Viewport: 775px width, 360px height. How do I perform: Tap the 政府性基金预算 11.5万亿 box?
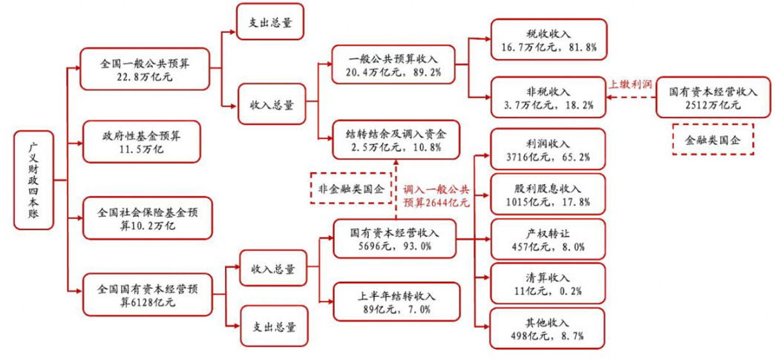pyautogui.click(x=141, y=142)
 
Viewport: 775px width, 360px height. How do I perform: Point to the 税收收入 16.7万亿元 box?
pyautogui.click(x=549, y=40)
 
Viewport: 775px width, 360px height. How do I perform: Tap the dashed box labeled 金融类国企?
pyautogui.click(x=712, y=140)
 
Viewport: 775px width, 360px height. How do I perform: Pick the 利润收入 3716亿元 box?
pyautogui.click(x=548, y=149)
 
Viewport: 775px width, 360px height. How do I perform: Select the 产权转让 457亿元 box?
pyautogui.click(x=548, y=239)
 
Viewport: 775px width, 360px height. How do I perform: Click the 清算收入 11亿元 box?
pyautogui.click(x=548, y=284)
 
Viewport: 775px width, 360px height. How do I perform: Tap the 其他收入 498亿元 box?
pyautogui.click(x=548, y=329)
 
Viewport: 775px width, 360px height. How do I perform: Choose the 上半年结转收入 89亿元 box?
pyautogui.click(x=393, y=302)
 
